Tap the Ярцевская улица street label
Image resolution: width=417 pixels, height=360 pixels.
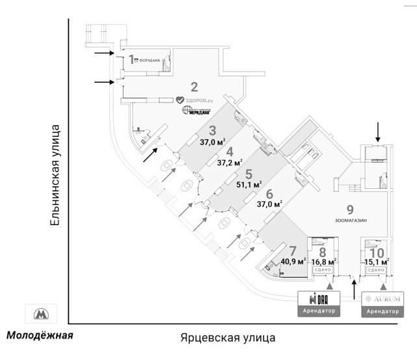pyautogui.click(x=227, y=337)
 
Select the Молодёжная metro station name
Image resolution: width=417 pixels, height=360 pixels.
pyautogui.click(x=40, y=336)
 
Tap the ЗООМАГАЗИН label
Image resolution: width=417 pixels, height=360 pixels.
pyautogui.click(x=351, y=221)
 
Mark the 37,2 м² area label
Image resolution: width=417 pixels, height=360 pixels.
pyautogui.click(x=230, y=163)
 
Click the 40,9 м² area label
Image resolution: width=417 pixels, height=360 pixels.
pyautogui.click(x=293, y=262)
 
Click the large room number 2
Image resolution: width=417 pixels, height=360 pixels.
pyautogui.click(x=193, y=86)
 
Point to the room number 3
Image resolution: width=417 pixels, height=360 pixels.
pyautogui.click(x=211, y=130)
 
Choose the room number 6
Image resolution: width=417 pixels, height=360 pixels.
pyautogui.click(x=269, y=193)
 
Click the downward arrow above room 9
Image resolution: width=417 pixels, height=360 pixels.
pyautogui.click(x=377, y=132)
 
